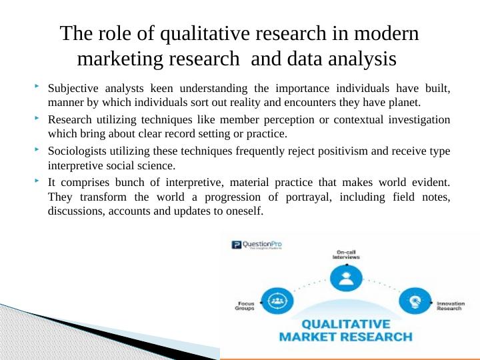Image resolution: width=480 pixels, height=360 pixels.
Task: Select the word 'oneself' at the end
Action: [x=244, y=211]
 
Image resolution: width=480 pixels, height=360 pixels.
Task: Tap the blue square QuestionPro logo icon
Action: [x=235, y=246]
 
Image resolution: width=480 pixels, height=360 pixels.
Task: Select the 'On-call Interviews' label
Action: [x=347, y=254]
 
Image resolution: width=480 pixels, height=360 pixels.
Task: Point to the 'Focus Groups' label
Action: [x=245, y=307]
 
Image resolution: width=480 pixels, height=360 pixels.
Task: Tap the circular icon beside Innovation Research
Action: [x=416, y=301]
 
